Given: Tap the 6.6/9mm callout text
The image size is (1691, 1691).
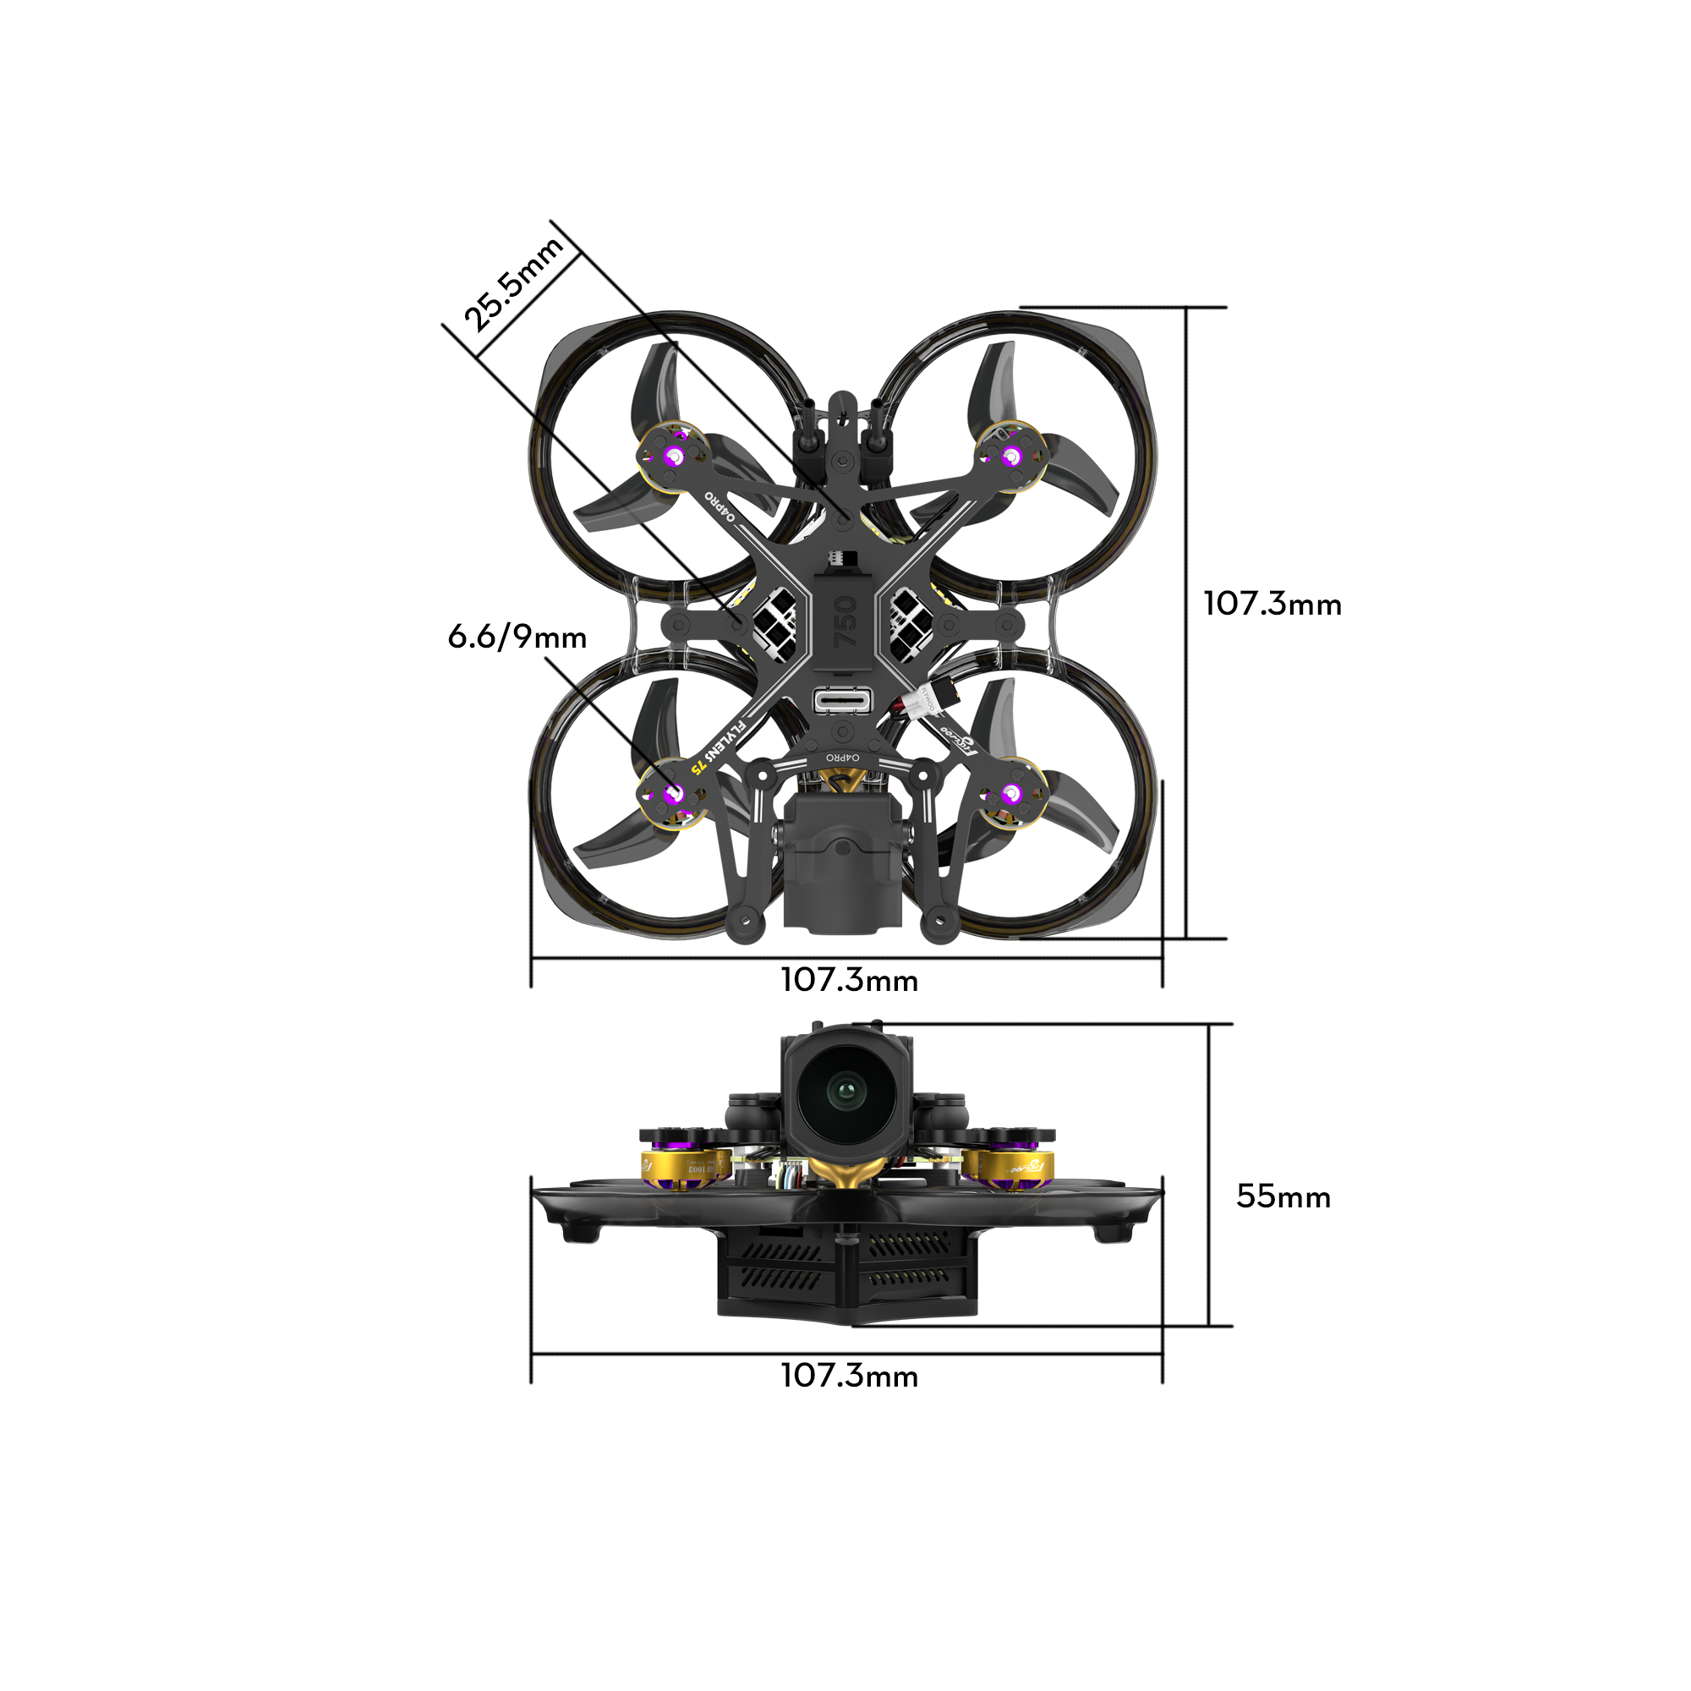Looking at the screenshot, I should [x=517, y=638].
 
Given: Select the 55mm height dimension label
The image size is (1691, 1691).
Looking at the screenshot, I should [x=1283, y=1196].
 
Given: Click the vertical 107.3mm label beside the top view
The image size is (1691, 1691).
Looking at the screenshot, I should [x=1272, y=604].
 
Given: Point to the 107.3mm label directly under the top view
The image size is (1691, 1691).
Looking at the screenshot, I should [x=849, y=979].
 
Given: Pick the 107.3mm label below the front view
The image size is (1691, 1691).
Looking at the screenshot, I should [x=849, y=1375].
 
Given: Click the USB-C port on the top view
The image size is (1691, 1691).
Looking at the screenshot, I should [x=843, y=700].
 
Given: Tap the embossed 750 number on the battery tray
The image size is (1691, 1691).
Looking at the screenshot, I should [x=845, y=621].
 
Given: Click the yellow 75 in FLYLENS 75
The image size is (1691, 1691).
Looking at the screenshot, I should [x=698, y=768].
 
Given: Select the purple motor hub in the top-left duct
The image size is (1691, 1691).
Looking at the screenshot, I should [x=673, y=456].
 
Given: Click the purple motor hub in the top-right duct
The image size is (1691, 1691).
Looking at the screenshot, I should [x=1012, y=456].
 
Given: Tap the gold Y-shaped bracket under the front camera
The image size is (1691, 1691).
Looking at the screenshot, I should [x=844, y=1172].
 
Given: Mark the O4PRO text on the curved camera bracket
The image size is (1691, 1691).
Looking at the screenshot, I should [x=843, y=756].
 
